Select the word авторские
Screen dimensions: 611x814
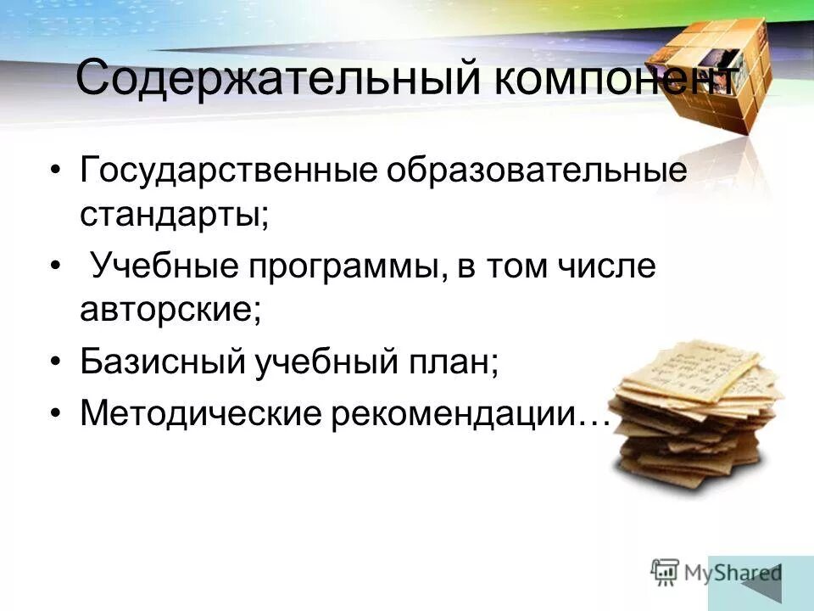click(170, 310)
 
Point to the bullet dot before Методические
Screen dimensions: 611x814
click(56, 414)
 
